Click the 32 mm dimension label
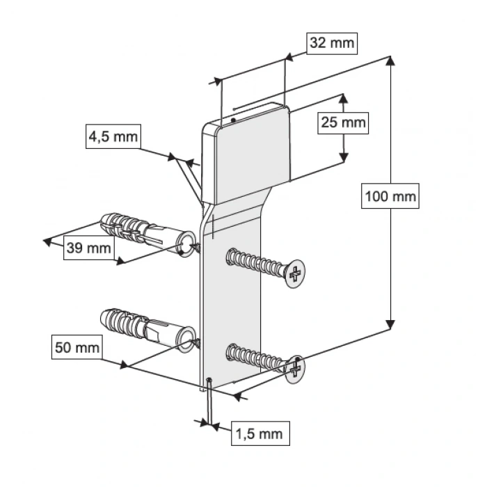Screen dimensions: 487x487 331,43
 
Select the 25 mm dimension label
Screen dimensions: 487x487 342,123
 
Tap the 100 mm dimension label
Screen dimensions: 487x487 390,197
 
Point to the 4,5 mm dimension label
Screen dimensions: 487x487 112,136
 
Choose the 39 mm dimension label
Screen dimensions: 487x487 88,247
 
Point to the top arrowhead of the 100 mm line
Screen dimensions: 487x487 391,61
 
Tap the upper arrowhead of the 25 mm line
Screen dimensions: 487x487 342,98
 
